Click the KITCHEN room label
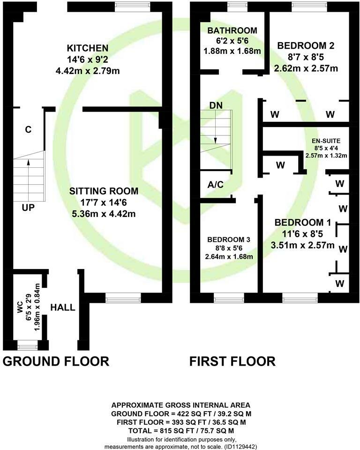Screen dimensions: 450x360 click(88, 48)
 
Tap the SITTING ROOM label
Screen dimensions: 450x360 click(104, 191)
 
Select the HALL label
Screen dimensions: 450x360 click(63, 307)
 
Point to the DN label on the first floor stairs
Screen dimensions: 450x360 click(216, 105)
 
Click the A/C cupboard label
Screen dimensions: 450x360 click(215, 185)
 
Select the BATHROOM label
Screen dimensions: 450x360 click(232, 31)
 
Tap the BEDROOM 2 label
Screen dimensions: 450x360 click(306, 46)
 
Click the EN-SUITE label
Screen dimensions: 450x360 click(326, 141)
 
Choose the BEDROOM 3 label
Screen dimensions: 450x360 click(230, 239)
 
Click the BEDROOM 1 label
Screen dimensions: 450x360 click(304, 222)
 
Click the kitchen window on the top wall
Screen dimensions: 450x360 click(130, 6)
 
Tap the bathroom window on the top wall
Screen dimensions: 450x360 click(234, 6)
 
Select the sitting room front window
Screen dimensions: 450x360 click(123, 297)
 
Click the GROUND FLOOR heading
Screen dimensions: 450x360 click(56, 361)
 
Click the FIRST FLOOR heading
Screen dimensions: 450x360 click(232, 361)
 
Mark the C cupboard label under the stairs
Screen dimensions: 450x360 click(28, 130)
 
